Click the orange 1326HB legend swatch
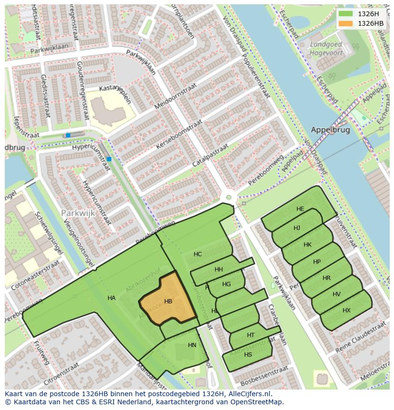pos(346,23)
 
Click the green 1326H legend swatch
pos(346,14)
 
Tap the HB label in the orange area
pos(168,301)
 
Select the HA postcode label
pos(111,298)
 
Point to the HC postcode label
pos(198,254)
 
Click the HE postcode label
pos(300,209)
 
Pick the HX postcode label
pos(346,310)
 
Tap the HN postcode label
pos(192,345)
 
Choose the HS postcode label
pos(248,355)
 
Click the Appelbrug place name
pos(330,130)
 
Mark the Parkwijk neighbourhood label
pos(78,213)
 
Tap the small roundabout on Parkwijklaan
pos(229,197)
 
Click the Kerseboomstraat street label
pos(179,135)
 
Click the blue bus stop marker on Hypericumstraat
pos(109,159)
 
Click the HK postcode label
pos(307,245)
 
